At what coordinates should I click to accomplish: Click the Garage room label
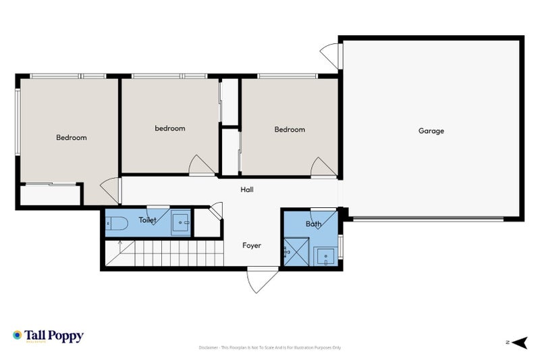coord(431,131)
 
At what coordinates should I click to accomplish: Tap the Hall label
coord(247,190)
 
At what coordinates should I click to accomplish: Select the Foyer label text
coord(252,245)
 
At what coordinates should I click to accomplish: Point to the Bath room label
coord(314,224)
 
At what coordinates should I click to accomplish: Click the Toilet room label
coord(148,220)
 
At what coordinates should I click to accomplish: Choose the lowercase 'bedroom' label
coord(170,128)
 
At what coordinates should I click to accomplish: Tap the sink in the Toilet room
coord(180,222)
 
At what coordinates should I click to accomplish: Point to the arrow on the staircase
coord(120,246)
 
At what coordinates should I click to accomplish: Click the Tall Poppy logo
coord(48,336)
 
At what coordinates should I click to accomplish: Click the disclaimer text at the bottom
coord(270,348)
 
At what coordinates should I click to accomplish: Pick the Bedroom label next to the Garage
coord(290,130)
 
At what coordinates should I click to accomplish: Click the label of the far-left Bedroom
coord(71,138)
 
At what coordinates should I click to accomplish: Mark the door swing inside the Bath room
coord(326,220)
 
